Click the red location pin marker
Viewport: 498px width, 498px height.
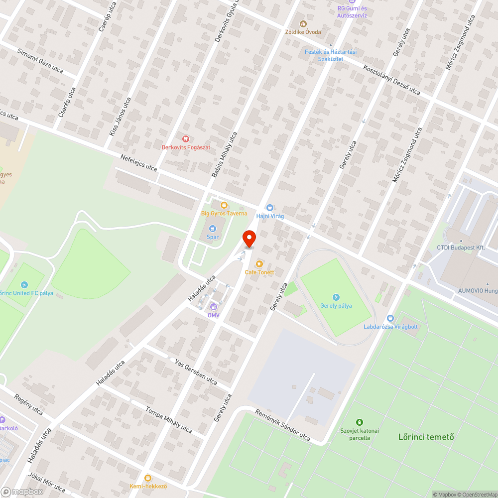(249, 239)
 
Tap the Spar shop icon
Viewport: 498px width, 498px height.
(213, 229)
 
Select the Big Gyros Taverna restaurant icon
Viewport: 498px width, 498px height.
(224, 205)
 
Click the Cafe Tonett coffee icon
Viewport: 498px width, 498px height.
(259, 264)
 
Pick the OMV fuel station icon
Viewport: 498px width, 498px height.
(214, 307)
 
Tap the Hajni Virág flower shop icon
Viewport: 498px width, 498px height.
(270, 208)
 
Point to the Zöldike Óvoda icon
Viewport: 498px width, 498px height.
(302, 23)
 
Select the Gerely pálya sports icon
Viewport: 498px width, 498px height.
(336, 297)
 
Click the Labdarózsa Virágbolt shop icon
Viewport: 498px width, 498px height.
(390, 318)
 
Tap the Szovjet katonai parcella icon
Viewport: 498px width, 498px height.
(360, 422)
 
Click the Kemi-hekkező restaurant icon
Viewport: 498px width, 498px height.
(147, 478)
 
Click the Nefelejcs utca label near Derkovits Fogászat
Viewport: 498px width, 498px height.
(138, 163)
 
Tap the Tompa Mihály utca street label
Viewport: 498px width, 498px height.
(168, 419)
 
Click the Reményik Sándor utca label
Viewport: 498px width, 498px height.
(282, 425)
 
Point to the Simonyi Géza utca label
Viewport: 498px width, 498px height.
(40, 61)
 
